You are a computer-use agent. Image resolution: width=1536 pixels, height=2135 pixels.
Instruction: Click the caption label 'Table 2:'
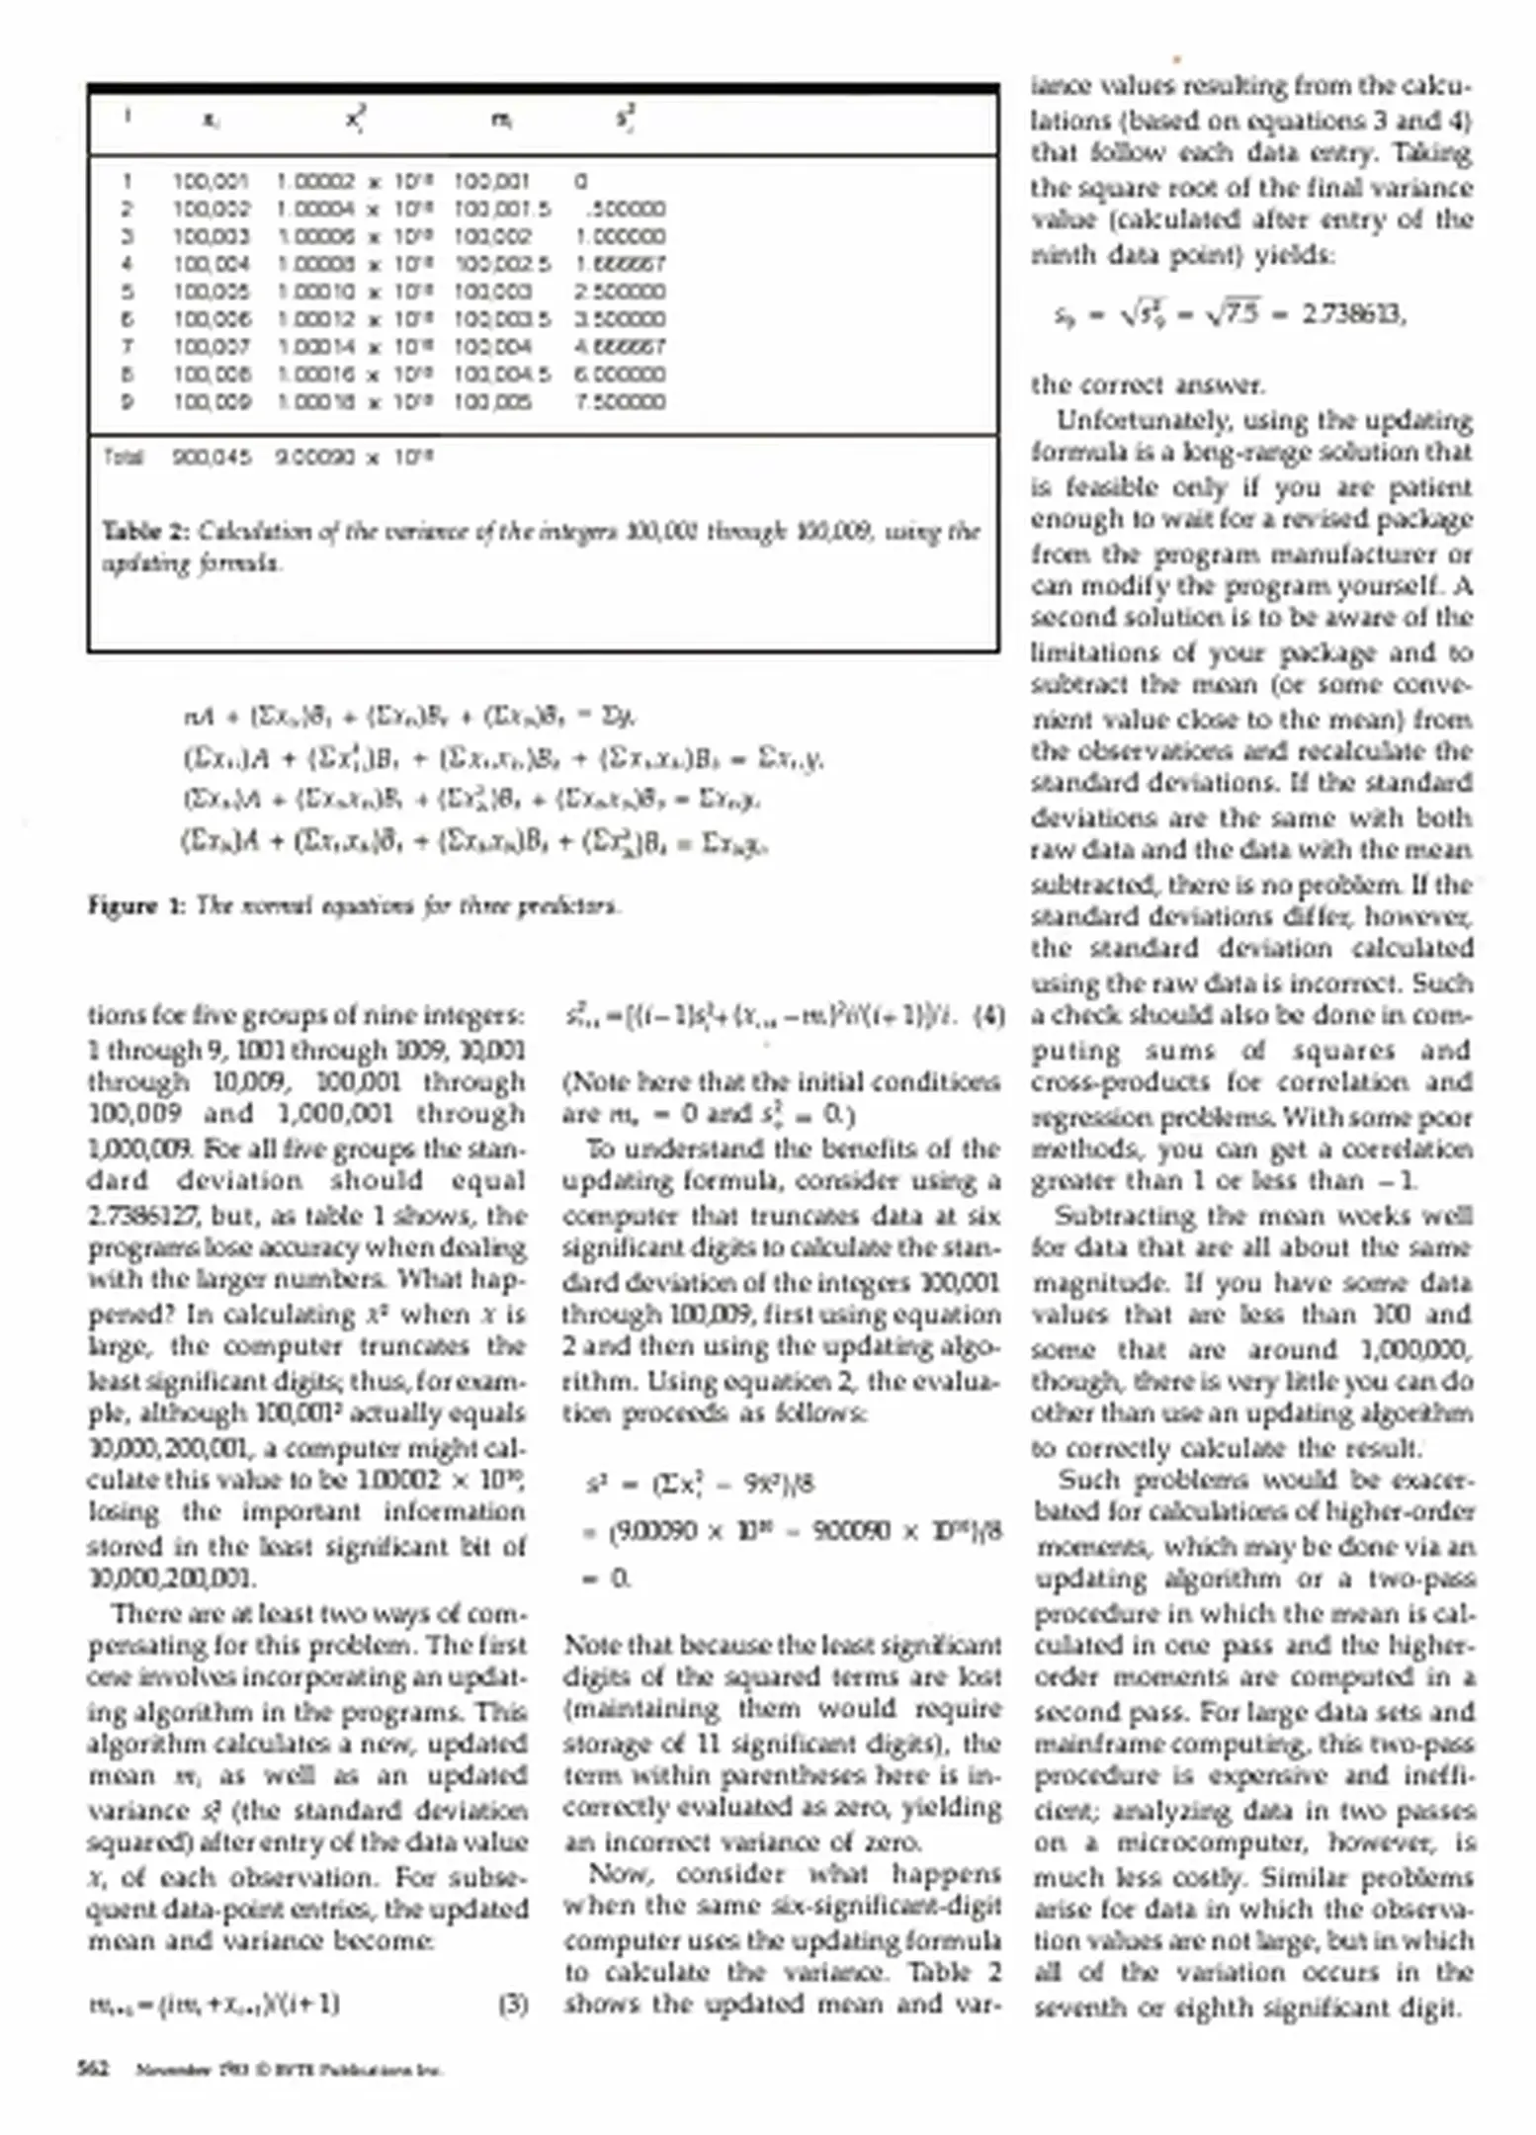(x=145, y=532)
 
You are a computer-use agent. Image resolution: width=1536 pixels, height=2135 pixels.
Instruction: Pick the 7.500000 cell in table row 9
(x=620, y=402)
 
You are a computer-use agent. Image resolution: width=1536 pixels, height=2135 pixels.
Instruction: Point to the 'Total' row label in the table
(x=124, y=458)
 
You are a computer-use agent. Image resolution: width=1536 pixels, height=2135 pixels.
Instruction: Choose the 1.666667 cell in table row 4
(x=620, y=265)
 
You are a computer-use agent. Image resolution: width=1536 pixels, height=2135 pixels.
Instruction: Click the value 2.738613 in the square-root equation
(x=1352, y=314)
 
